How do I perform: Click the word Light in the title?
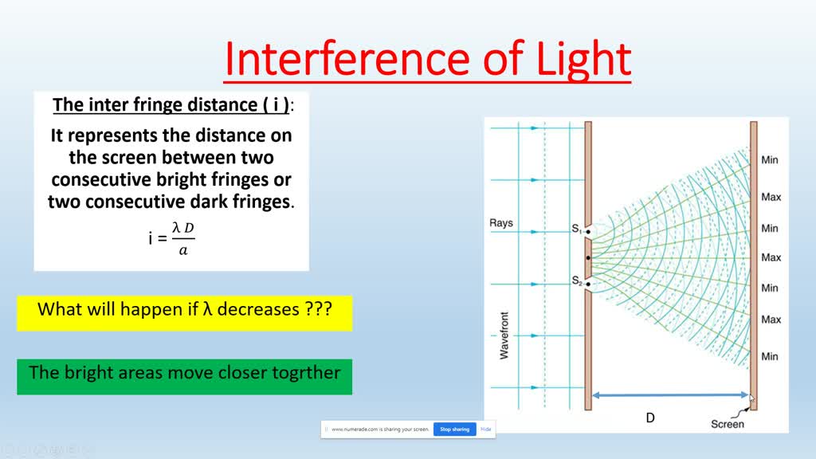click(x=583, y=61)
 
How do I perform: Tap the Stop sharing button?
click(x=455, y=430)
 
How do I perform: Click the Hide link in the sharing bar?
click(x=485, y=430)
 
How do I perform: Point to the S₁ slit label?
click(x=577, y=228)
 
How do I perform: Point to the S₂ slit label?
click(x=577, y=280)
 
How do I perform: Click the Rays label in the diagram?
click(x=501, y=223)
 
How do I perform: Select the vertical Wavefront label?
click(x=504, y=335)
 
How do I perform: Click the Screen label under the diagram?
click(x=728, y=424)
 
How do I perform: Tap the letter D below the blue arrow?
click(x=650, y=418)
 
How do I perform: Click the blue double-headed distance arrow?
click(x=670, y=395)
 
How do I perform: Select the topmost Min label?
click(x=770, y=159)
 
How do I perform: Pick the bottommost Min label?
click(x=770, y=356)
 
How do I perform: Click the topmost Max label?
click(x=771, y=198)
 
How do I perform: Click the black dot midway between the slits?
click(x=588, y=257)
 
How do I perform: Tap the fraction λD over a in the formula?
click(x=183, y=239)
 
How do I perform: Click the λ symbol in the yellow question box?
click(x=208, y=309)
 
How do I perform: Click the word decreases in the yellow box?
click(x=258, y=309)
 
